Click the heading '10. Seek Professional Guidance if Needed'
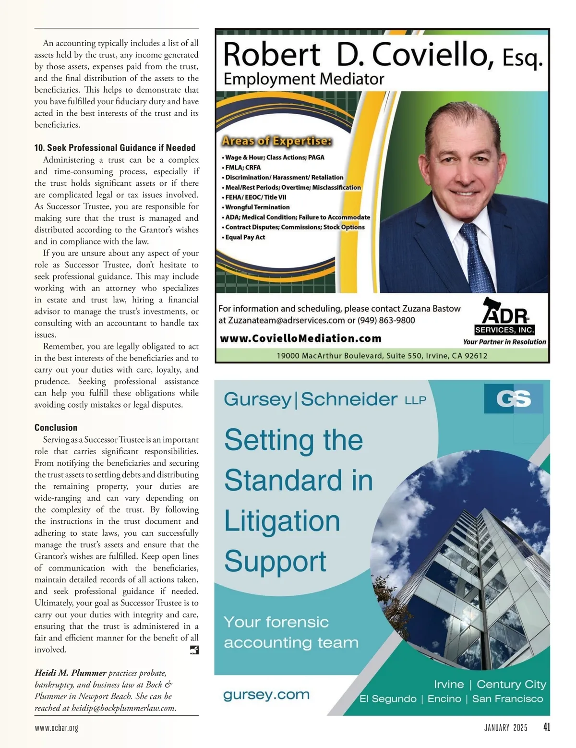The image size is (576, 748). tap(115, 148)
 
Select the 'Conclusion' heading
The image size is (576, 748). tap(56, 427)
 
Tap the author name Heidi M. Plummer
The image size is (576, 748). tap(70, 673)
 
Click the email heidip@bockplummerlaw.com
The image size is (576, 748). tap(124, 708)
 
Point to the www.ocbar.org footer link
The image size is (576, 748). tap(56, 728)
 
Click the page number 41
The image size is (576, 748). tap(546, 727)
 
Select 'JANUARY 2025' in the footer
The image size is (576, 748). tap(505, 728)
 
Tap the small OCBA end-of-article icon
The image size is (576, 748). tap(194, 650)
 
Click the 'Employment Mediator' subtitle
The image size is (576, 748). tap(304, 79)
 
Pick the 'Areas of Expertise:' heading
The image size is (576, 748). tap(276, 141)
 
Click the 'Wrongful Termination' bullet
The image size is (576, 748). tap(257, 207)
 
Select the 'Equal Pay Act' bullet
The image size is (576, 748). tap(245, 237)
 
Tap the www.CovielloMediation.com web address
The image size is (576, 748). tap(300, 338)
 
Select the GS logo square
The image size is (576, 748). tap(514, 398)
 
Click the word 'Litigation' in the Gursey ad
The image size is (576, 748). tap(282, 521)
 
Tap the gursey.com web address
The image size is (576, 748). tap(266, 695)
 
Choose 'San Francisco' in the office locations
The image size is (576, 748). tap(507, 699)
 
